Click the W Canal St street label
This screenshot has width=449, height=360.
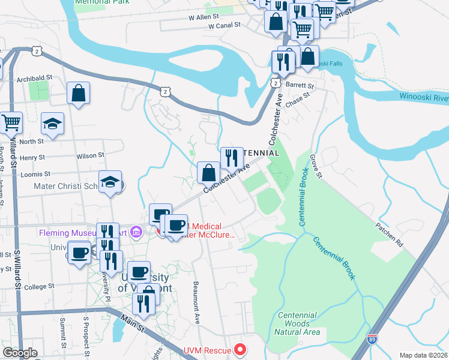pyautogui.click(x=224, y=26)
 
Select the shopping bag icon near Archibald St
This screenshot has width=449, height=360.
pyautogui.click(x=78, y=94)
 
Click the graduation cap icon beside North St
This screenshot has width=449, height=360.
pyautogui.click(x=53, y=124)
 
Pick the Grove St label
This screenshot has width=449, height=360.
pyautogui.click(x=316, y=166)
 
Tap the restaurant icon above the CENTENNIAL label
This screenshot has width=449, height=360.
pyautogui.click(x=232, y=158)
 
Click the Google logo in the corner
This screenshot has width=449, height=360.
pyautogui.click(x=20, y=353)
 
